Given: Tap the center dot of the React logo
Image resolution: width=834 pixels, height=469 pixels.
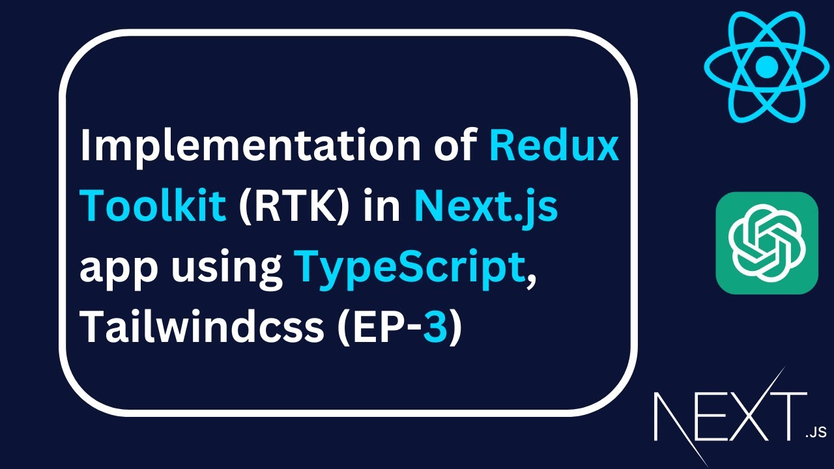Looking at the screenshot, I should [x=767, y=65].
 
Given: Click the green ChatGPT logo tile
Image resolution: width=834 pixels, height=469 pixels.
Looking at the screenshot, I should [x=767, y=243].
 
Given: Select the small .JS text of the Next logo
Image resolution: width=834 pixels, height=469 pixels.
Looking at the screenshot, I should [x=815, y=432].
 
